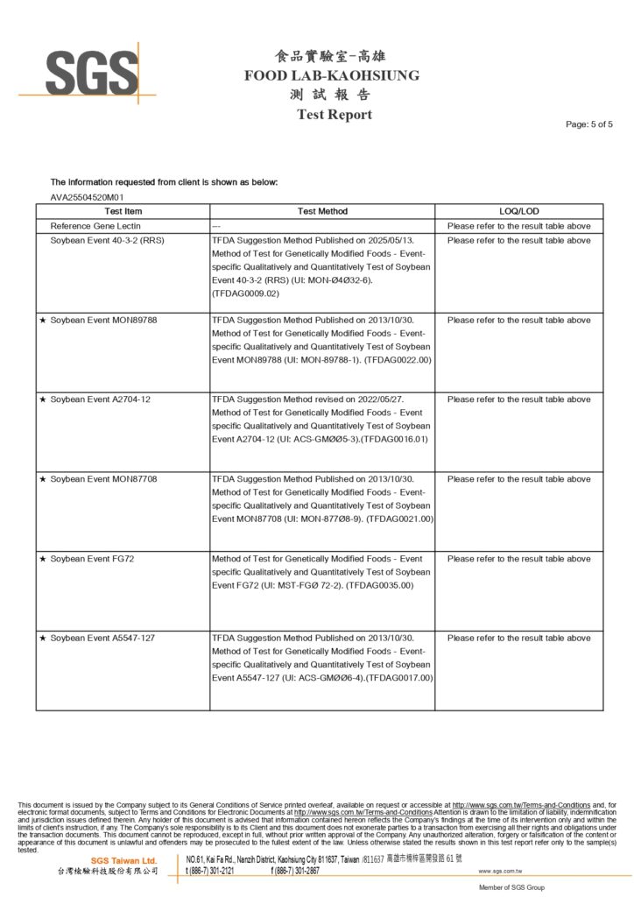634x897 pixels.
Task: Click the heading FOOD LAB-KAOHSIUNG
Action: (332, 75)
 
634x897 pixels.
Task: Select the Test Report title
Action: (334, 115)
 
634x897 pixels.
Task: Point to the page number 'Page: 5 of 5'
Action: (589, 124)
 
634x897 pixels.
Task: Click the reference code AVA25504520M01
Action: (87, 197)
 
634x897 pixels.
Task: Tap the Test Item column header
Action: (123, 211)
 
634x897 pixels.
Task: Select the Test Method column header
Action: (322, 211)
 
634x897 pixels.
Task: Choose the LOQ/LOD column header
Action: (518, 211)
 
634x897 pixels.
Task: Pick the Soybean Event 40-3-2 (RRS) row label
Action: (108, 239)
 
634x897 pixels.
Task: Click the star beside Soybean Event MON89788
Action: (43, 320)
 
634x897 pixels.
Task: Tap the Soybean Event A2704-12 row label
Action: (101, 399)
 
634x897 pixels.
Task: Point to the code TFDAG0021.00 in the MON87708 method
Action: (400, 519)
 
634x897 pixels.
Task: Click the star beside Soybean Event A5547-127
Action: (43, 639)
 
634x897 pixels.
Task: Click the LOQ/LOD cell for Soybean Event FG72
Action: (518, 559)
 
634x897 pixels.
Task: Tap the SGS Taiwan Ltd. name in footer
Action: (123, 861)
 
